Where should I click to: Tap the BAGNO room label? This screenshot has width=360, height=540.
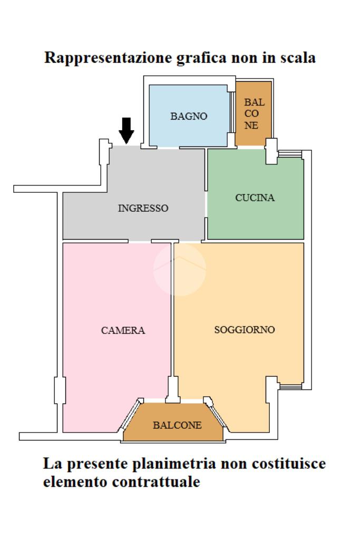[189, 116]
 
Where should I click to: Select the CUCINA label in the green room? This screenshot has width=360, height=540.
[255, 198]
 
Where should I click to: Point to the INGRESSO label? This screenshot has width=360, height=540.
[143, 208]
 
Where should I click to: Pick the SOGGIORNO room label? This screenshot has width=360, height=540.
[245, 330]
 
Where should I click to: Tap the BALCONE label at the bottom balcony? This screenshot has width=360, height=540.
[177, 425]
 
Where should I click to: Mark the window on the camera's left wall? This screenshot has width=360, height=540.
[59, 390]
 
